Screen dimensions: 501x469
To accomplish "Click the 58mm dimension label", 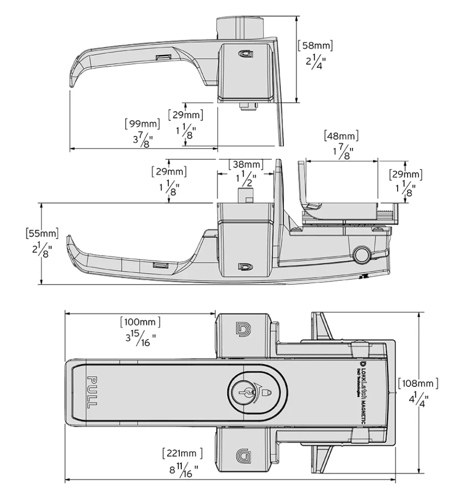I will click(x=315, y=46).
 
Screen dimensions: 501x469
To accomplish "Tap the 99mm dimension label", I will click(x=142, y=123).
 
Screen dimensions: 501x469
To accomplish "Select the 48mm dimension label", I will click(x=341, y=136).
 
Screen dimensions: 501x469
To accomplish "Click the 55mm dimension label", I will click(x=42, y=234).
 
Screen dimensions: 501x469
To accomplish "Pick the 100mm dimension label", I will click(x=140, y=321).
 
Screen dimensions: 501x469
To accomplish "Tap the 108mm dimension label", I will click(x=418, y=383).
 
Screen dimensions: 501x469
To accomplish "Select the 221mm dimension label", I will click(x=182, y=453).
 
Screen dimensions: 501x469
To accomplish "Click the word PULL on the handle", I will click(x=92, y=393).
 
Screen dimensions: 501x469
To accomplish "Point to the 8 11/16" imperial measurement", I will click(x=183, y=470).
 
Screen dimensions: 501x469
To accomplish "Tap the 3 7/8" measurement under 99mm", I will click(x=141, y=140).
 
